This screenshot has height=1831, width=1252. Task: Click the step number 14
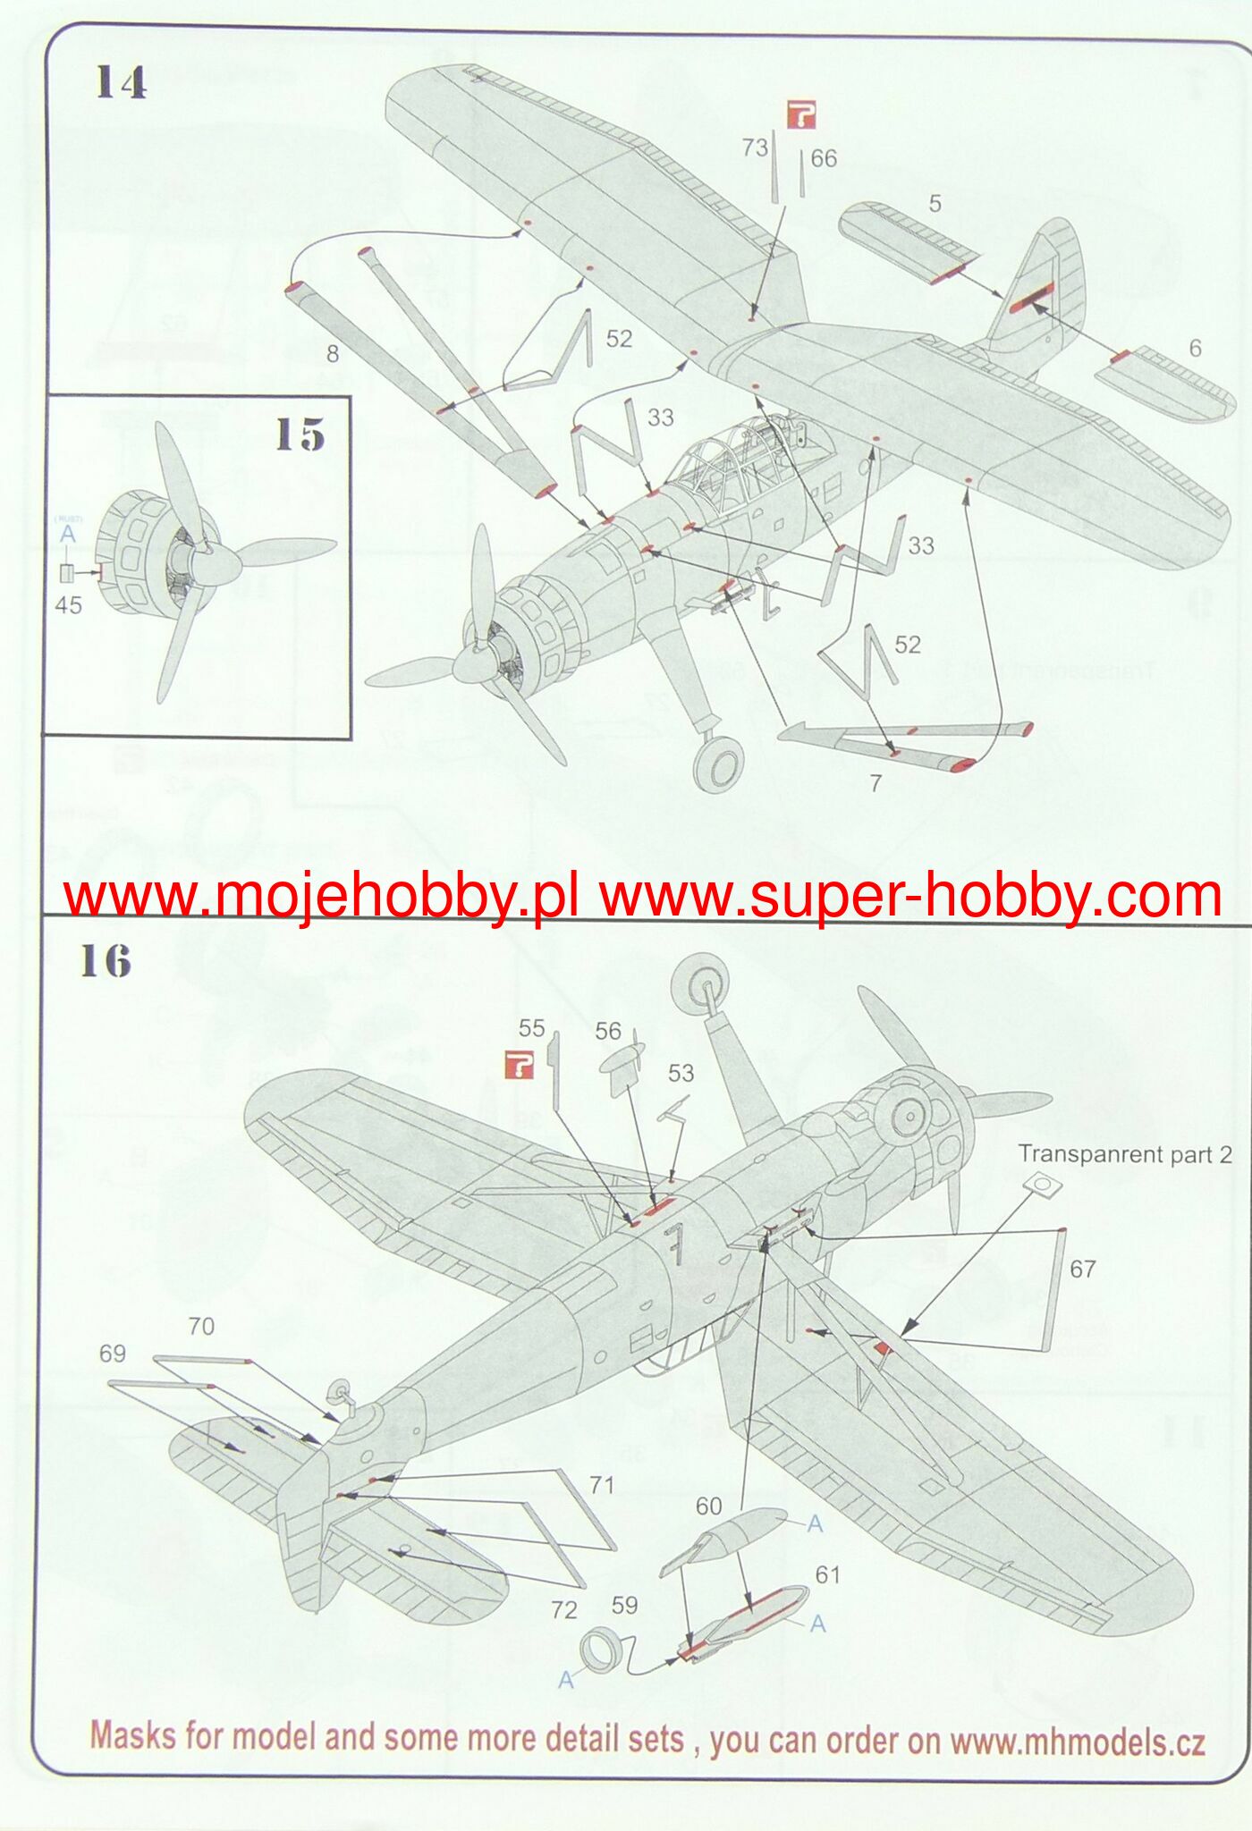pos(120,83)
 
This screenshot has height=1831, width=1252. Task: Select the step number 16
pos(105,962)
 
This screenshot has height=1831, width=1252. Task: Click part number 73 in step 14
pos(755,147)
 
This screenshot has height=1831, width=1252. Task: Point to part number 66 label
pos(823,159)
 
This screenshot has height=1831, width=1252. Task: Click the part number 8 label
pos(333,355)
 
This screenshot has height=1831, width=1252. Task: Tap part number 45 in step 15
pos(68,605)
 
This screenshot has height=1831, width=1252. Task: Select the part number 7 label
pos(876,783)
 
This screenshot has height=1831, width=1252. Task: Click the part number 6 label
pos(1195,349)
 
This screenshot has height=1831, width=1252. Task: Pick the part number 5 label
pos(935,204)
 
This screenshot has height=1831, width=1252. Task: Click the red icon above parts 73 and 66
pos(801,115)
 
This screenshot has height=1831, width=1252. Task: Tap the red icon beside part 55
pos(519,1064)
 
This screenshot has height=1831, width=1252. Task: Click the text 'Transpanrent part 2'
pos(1124,1154)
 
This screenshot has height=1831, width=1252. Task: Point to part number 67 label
pos(1082,1269)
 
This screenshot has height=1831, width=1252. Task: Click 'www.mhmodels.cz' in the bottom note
pos(1077,1742)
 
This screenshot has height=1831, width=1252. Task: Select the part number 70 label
pos(201,1326)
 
